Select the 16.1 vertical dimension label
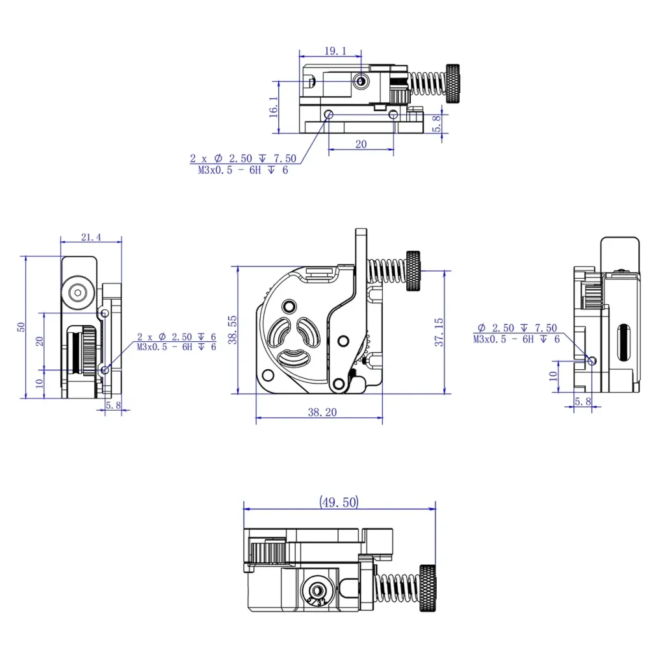273,107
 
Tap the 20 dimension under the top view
361,144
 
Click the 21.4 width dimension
91,237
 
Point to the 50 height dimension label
21,327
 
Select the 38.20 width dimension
318,412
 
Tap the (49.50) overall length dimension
338,502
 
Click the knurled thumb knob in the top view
454,83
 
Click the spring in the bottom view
398,588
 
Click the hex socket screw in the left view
79,293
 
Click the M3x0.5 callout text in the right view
516,339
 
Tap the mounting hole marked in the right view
591,360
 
